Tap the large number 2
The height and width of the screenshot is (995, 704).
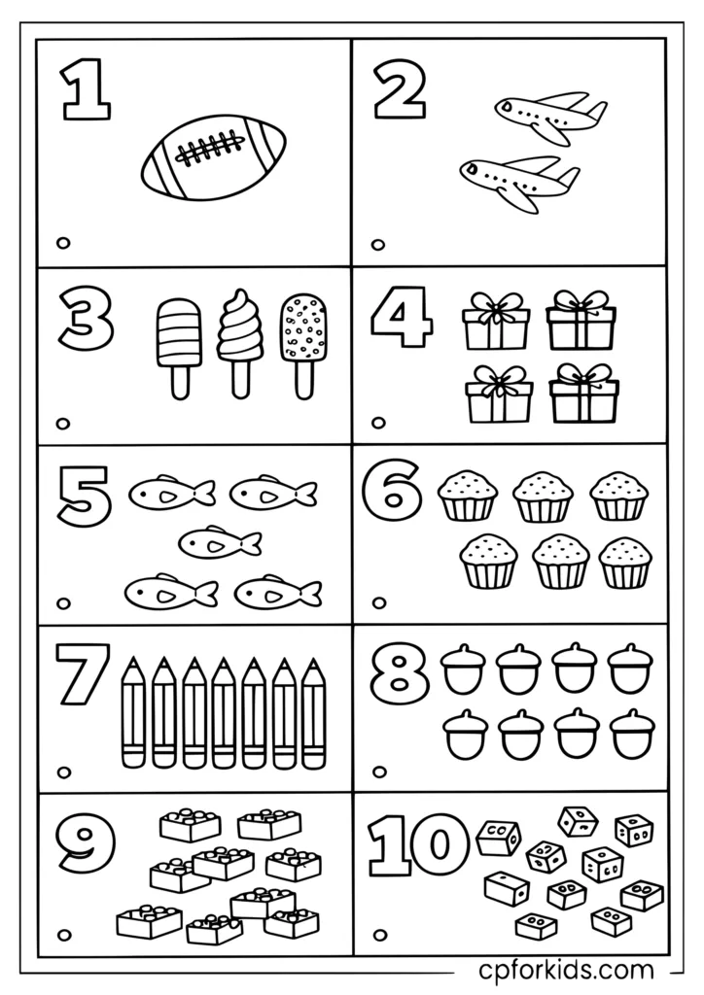[x=400, y=95]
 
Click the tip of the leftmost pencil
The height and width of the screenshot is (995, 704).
[x=133, y=663]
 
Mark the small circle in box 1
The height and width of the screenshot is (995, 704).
[x=64, y=243]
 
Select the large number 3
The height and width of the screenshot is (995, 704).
[x=86, y=322]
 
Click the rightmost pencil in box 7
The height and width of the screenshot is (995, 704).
[x=313, y=714]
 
